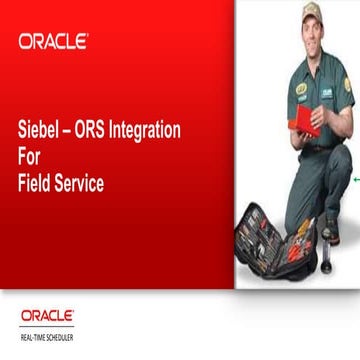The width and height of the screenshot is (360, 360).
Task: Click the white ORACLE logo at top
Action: tap(53, 41)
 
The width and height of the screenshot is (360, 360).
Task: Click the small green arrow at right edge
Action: tap(355, 179)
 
